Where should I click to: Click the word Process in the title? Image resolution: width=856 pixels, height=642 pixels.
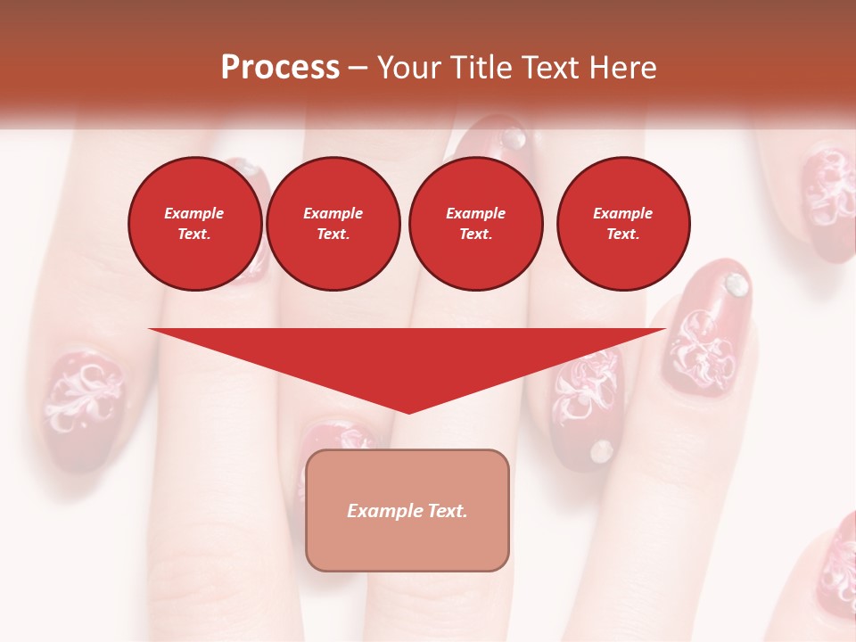280,68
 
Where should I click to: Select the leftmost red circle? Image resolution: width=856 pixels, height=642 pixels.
195,224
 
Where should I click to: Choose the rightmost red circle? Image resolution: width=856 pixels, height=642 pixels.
623,224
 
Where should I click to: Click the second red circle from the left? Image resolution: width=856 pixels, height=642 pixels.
333,224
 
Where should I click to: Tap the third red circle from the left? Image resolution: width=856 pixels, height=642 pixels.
475,224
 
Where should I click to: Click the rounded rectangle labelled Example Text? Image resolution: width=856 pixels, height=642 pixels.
407,510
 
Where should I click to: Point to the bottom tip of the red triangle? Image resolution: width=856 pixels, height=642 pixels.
407,412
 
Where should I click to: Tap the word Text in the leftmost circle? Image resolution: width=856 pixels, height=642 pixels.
194,235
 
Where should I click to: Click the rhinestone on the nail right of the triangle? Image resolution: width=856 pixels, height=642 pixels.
736,284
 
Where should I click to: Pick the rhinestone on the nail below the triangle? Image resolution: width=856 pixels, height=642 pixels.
603,450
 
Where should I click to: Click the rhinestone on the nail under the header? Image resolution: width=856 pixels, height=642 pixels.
514,137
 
